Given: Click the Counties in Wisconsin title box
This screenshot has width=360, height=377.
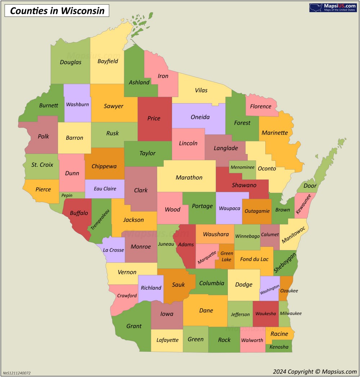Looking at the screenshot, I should [57, 11].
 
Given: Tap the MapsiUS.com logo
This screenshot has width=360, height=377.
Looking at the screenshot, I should [333, 8].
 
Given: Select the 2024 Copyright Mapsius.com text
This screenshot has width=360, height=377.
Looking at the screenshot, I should [314, 372].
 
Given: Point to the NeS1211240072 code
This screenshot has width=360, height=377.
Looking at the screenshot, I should [17, 373].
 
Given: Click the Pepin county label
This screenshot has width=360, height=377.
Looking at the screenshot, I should [67, 195].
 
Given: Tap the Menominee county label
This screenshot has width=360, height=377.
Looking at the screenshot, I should [242, 167].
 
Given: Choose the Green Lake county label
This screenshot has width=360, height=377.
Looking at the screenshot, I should [226, 256].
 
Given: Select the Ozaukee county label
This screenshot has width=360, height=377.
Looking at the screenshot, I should [289, 290].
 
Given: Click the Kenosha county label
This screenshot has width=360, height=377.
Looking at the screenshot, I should [279, 347].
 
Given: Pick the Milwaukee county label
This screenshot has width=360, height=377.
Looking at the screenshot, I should [291, 314].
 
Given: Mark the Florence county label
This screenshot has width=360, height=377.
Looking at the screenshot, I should [261, 106].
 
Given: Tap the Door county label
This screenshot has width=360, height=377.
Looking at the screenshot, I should [310, 186].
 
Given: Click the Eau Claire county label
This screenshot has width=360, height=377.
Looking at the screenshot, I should [105, 188].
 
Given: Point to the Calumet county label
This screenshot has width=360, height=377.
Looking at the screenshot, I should [270, 235].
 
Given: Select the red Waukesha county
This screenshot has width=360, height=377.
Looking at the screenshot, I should [266, 314].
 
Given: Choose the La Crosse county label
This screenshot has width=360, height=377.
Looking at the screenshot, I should [113, 250].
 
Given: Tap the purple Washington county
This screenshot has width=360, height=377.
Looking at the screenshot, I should [270, 288].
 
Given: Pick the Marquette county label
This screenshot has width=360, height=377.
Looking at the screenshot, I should [207, 257].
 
